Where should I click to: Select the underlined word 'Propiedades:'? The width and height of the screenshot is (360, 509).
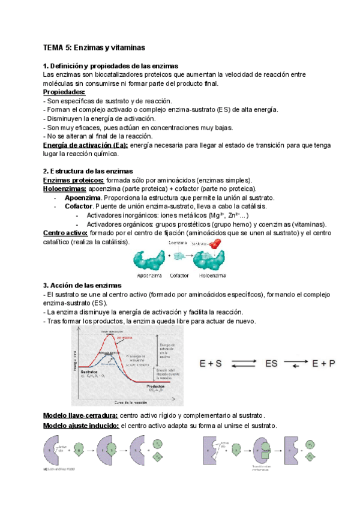[64, 92]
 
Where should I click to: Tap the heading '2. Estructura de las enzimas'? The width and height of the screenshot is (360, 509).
[88, 171]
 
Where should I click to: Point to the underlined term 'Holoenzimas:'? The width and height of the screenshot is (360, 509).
[65, 188]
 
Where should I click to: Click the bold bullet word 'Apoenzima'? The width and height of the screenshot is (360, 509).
[83, 197]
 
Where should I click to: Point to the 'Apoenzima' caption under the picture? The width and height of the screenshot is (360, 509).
[151, 275]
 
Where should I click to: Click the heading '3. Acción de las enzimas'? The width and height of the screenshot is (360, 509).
[82, 285]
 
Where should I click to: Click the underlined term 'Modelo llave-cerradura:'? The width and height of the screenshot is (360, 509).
[81, 415]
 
